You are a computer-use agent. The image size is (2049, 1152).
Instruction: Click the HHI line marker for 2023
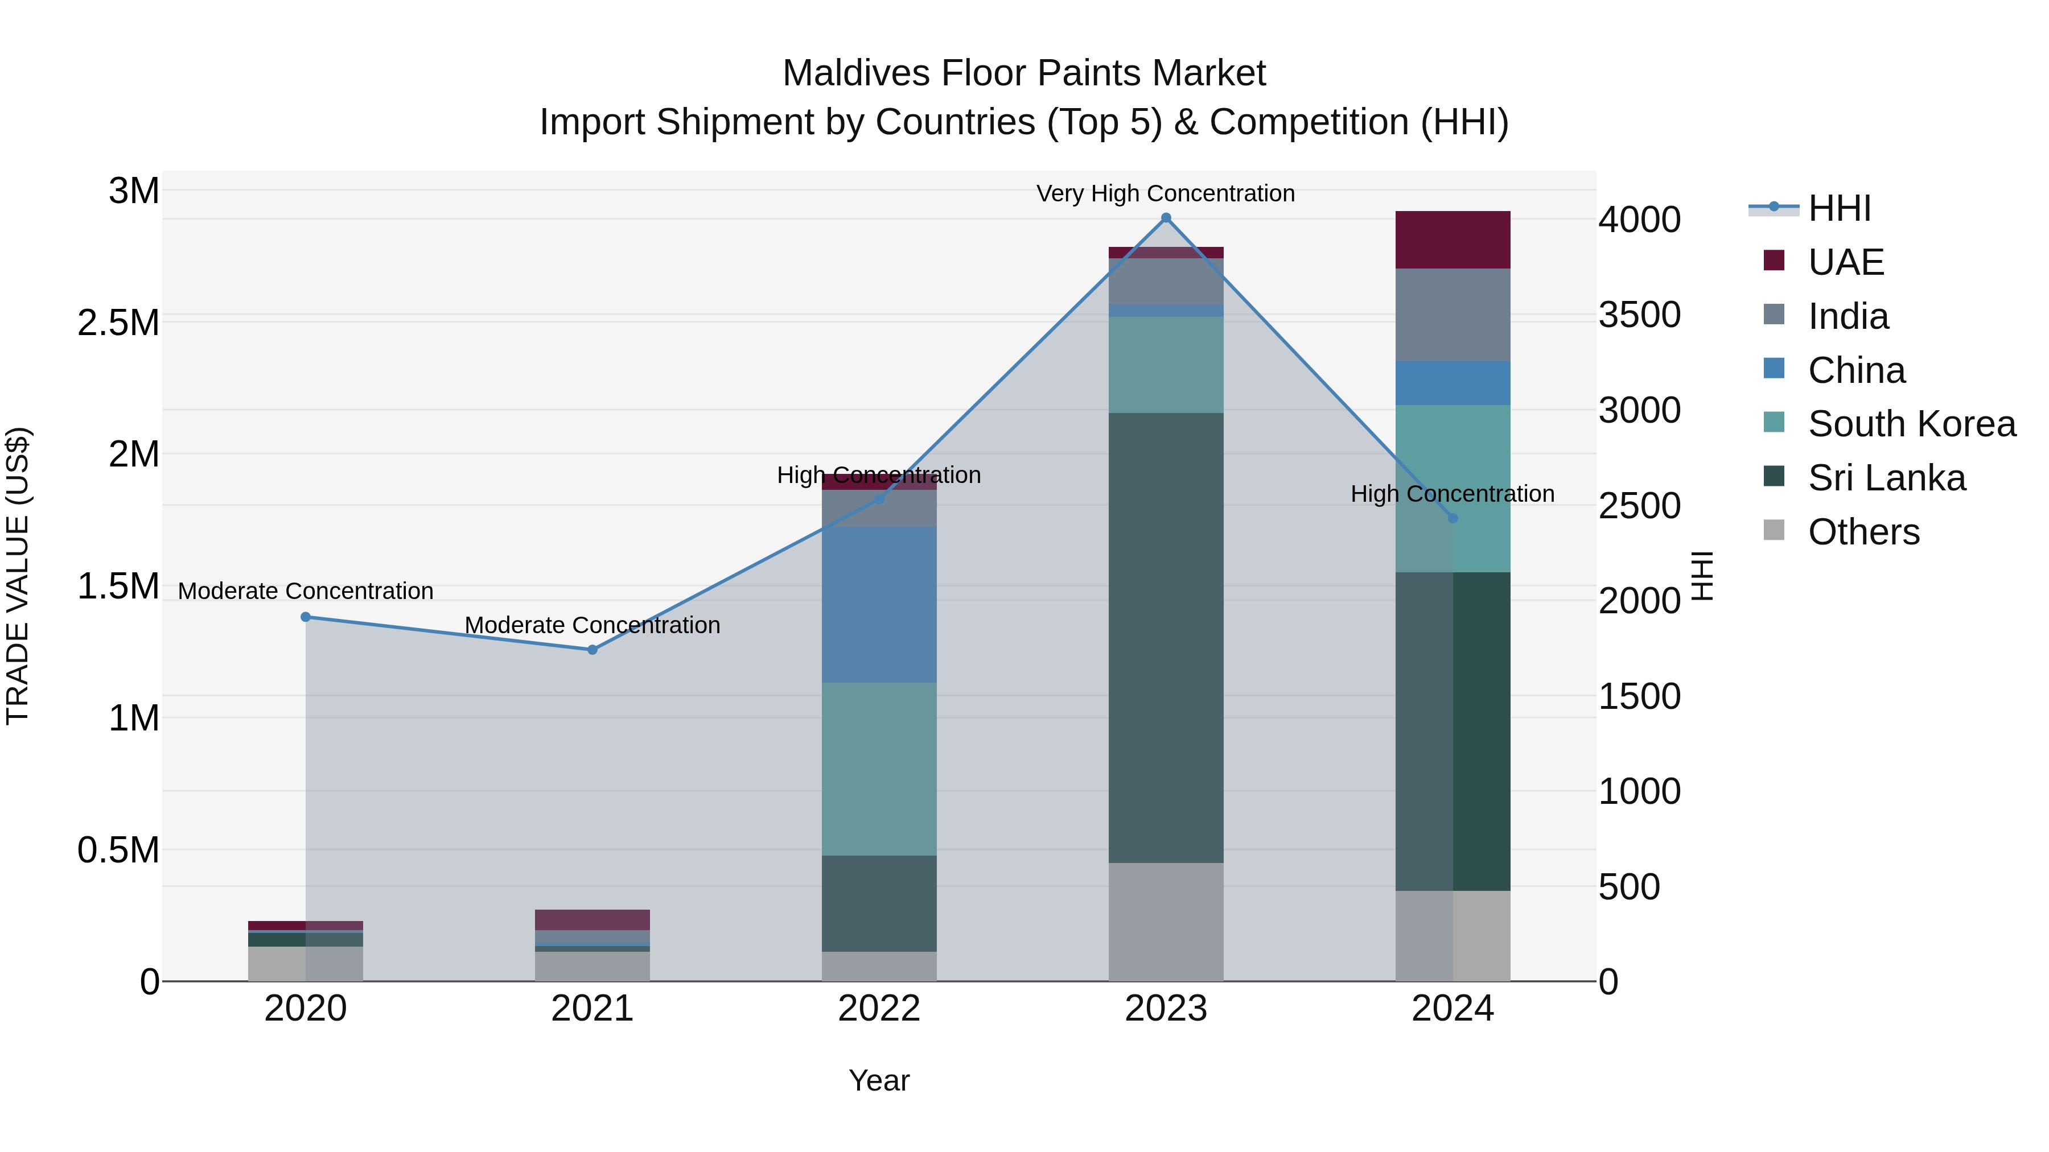click(1166, 218)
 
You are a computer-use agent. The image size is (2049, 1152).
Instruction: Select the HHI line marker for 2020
click(306, 617)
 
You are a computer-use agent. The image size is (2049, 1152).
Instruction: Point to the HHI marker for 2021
click(593, 650)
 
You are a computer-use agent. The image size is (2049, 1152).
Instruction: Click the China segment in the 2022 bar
click(879, 604)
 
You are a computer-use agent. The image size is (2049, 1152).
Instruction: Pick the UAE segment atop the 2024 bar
click(1453, 240)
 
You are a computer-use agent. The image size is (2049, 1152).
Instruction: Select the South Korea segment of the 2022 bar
click(879, 769)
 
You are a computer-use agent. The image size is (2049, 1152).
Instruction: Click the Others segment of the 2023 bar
click(1166, 922)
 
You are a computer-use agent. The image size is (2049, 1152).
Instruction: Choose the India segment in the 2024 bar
click(1453, 315)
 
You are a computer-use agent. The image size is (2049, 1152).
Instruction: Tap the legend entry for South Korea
click(1911, 424)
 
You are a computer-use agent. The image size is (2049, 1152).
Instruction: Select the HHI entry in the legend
click(1839, 208)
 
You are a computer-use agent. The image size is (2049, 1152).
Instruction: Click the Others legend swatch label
click(1863, 532)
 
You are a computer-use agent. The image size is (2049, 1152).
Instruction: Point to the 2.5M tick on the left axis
click(118, 323)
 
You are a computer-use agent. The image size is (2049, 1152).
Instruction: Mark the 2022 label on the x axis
click(879, 1009)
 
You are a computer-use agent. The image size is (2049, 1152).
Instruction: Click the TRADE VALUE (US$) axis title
click(18, 576)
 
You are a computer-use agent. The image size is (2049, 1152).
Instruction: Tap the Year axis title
click(879, 1080)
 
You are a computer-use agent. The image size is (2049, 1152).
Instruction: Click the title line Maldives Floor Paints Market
click(1024, 73)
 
